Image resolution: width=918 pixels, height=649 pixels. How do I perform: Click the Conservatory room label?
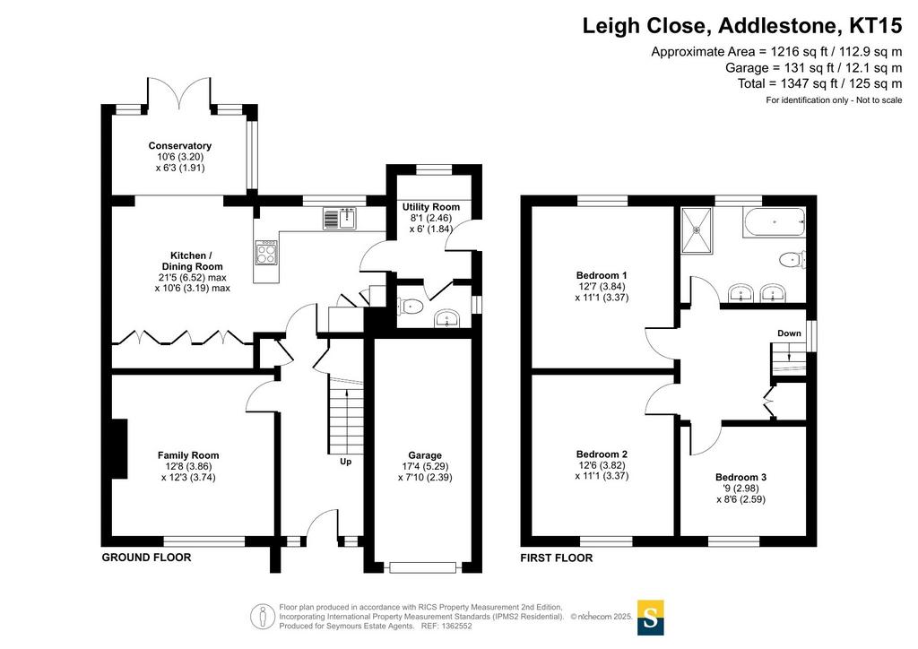point(179,146)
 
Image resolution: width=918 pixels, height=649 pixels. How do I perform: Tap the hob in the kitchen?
point(265,254)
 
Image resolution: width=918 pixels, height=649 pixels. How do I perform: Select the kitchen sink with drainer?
point(340,219)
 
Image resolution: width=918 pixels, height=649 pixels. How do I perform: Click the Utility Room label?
point(431,207)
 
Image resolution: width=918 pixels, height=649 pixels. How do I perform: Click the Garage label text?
point(425,455)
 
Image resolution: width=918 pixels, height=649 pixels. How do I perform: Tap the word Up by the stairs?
point(346,462)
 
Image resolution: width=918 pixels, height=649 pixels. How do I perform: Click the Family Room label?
point(188,455)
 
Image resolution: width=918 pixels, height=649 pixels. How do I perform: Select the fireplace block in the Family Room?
point(119,448)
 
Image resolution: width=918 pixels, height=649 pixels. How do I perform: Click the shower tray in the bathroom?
point(697,230)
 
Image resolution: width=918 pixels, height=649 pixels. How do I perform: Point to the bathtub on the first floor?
point(774,222)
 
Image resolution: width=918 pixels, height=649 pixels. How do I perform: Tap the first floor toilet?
point(792,259)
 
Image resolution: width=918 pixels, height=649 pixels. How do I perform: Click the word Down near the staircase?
point(789,333)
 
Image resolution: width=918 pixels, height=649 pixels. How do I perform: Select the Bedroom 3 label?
point(740,478)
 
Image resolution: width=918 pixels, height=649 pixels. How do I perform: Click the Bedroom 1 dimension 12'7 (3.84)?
point(602,287)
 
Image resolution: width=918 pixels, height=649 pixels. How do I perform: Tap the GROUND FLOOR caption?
point(146,558)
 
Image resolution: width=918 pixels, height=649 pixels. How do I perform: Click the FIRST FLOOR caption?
point(556,558)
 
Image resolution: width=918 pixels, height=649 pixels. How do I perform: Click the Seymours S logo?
point(650,618)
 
